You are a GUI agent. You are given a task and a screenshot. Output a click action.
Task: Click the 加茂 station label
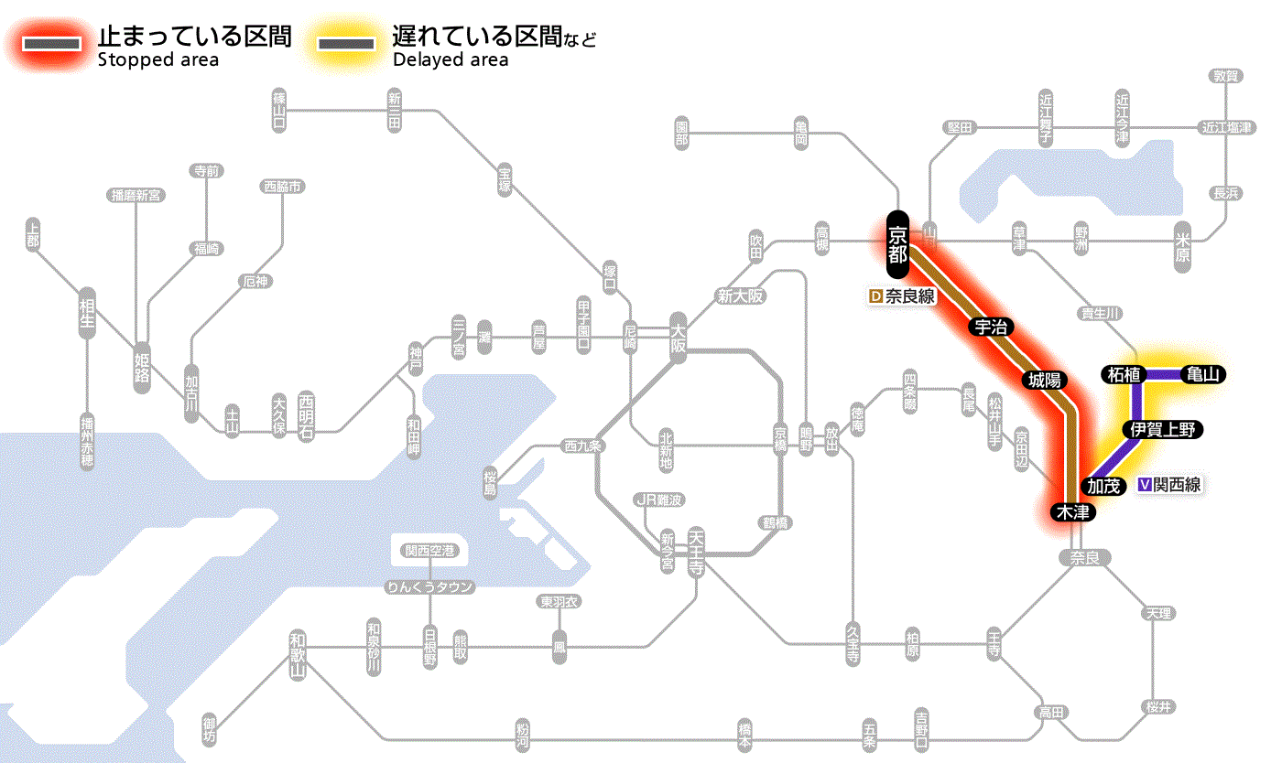1104,486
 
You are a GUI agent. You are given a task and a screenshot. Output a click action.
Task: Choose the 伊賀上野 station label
1162,430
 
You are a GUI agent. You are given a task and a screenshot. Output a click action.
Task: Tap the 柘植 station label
1124,374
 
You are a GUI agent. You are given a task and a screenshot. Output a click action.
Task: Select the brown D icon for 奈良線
875,296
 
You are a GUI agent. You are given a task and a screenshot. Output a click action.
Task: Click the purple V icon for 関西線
1144,485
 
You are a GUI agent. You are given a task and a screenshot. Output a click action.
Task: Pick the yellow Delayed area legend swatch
345,44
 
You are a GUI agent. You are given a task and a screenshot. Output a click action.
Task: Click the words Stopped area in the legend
158,60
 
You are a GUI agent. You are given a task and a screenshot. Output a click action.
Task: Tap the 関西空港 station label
429,551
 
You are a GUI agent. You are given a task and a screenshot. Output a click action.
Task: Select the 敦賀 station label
1225,76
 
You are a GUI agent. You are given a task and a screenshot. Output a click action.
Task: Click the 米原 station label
1183,246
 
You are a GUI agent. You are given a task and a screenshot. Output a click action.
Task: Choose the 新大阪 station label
740,296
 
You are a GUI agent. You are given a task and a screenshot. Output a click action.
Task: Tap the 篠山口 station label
279,111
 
